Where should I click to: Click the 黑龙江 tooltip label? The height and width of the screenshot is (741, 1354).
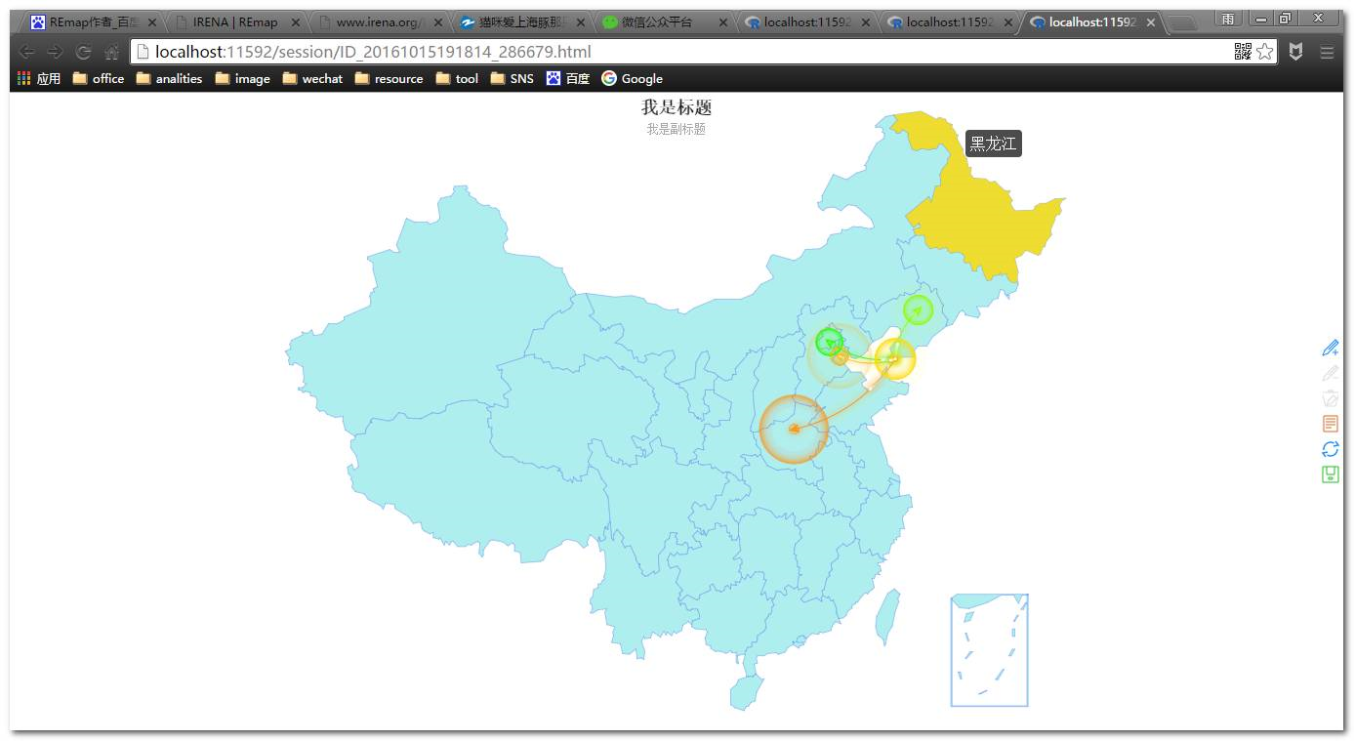993,144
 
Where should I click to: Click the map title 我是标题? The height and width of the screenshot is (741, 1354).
676,107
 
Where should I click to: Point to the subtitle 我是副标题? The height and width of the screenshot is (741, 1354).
676,129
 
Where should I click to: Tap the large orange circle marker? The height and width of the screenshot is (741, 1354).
794,429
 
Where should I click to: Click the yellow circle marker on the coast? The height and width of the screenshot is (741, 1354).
894,358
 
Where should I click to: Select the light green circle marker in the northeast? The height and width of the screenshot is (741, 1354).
918,310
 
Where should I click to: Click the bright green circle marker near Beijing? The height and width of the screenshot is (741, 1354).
829,343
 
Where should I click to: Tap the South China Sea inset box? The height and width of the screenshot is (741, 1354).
989,649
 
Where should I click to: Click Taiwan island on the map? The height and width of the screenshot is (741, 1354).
887,616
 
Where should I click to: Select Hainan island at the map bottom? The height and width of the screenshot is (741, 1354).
745,691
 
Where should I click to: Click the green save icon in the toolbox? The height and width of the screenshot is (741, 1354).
1330,474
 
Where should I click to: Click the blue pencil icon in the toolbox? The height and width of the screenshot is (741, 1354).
1330,348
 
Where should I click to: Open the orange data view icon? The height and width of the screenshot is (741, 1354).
1330,424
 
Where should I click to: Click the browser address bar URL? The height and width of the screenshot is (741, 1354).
373,52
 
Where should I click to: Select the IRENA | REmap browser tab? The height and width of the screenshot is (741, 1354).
234,21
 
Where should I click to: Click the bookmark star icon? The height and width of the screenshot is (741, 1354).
1265,52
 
